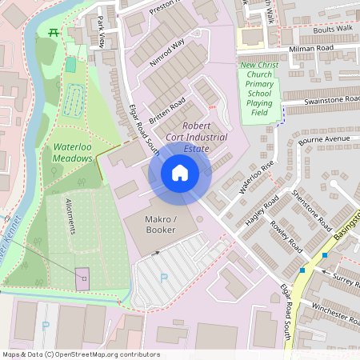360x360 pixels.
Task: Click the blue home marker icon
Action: (180, 172)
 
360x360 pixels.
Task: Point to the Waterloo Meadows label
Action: (73, 153)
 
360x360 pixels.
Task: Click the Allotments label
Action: (71, 217)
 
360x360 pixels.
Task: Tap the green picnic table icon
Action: (54, 32)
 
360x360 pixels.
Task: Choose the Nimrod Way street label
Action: (167, 52)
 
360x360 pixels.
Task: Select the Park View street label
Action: (102, 31)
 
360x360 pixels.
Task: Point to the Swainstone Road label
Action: (320, 100)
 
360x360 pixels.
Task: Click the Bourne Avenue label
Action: (325, 139)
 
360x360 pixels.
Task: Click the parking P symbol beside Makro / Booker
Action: (164, 278)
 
